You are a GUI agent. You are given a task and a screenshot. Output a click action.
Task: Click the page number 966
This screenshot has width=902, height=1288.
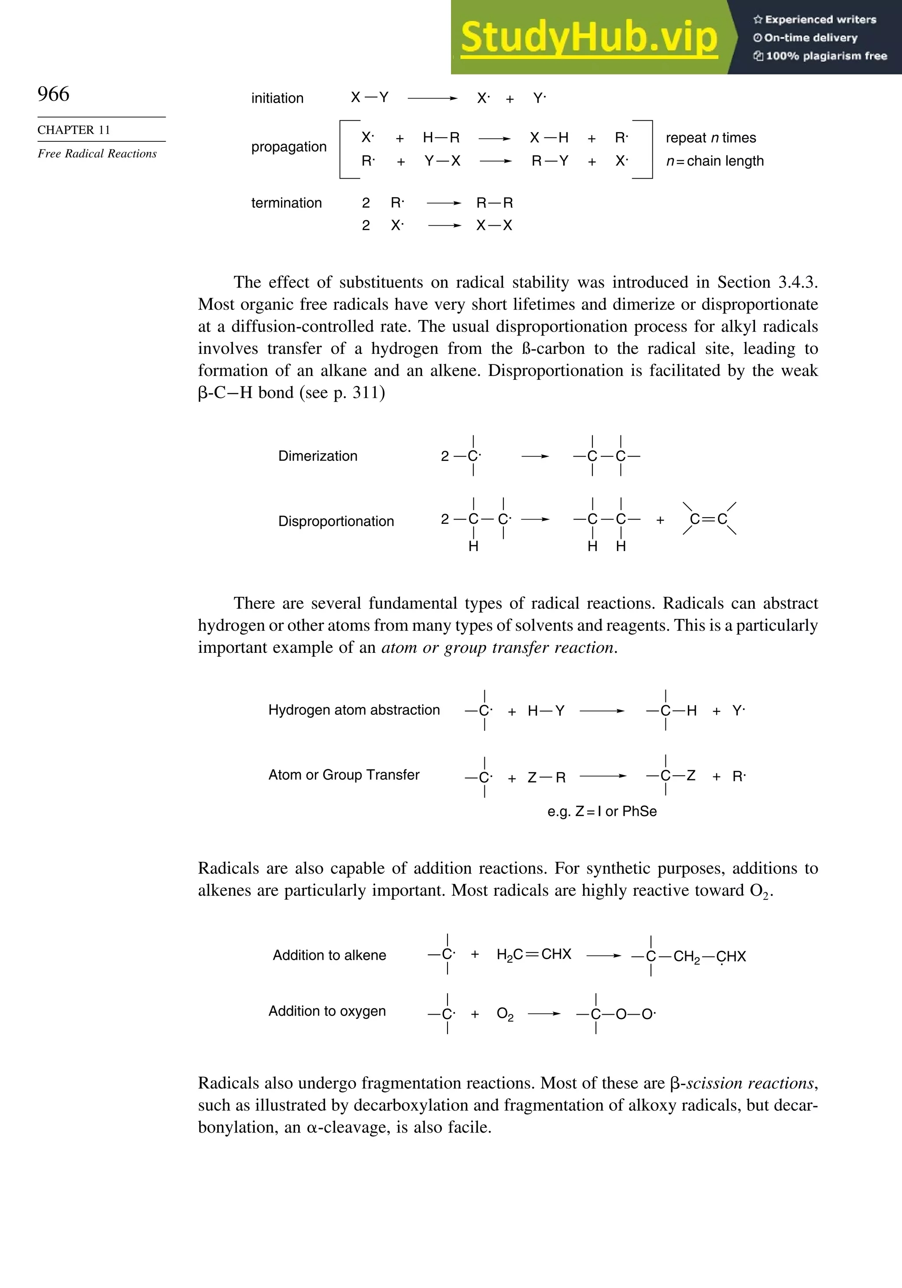[x=53, y=94]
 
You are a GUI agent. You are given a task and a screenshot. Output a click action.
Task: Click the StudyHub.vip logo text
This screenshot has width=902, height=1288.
[x=589, y=37]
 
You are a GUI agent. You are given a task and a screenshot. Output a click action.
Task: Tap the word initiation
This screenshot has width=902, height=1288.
[x=277, y=98]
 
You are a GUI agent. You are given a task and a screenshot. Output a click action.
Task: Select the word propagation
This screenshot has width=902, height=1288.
[x=288, y=147]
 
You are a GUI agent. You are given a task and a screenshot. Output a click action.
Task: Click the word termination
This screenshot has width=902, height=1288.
[x=286, y=203]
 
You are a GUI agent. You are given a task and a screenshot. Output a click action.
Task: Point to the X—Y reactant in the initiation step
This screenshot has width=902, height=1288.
[x=370, y=98]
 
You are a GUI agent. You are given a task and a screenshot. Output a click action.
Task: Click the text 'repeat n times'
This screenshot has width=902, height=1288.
[x=710, y=138]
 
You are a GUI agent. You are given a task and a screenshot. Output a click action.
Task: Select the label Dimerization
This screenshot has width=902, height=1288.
[x=318, y=456]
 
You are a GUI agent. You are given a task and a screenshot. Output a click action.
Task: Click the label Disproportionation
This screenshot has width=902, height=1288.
[x=336, y=521]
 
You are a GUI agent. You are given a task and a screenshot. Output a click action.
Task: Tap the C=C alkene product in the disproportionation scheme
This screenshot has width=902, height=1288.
[x=709, y=519]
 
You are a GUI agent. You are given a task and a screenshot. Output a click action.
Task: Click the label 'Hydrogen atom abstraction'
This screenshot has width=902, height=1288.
[x=354, y=710]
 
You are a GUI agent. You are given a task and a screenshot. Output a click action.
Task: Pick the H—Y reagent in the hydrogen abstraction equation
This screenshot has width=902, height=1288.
[x=546, y=711]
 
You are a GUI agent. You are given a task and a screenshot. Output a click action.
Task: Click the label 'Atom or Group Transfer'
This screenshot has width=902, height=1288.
[x=344, y=775]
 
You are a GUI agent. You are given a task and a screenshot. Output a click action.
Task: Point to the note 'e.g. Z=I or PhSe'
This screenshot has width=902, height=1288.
[x=602, y=811]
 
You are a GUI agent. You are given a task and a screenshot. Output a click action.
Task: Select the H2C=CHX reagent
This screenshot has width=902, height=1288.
[x=533, y=954]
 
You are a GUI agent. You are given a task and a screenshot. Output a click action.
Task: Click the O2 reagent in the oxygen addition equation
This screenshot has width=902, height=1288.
[x=505, y=1014]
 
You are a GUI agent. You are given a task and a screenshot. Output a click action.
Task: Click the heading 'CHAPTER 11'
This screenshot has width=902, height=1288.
[x=74, y=130]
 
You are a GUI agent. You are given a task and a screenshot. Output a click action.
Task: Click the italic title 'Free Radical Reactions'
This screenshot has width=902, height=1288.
[x=97, y=154]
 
